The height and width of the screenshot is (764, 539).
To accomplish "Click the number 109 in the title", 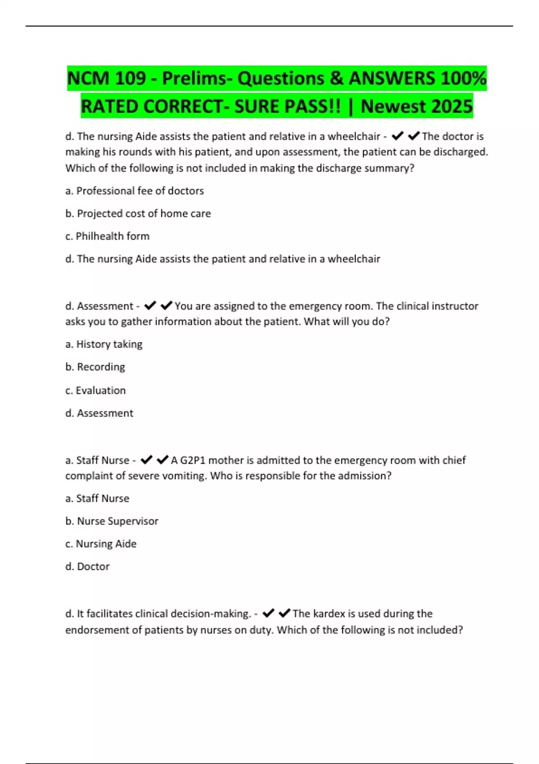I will click(x=130, y=79).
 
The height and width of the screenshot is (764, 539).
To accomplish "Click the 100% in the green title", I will click(x=464, y=79).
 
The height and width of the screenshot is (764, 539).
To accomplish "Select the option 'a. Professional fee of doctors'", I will click(x=135, y=191).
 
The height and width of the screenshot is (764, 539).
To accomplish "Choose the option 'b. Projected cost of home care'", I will click(x=138, y=213).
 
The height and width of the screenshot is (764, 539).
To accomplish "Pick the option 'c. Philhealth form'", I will click(x=107, y=236).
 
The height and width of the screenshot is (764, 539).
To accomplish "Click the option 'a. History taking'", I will click(x=104, y=344).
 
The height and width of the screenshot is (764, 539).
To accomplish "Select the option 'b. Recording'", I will click(x=95, y=367).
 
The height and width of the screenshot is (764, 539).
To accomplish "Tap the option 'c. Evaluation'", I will click(x=95, y=391).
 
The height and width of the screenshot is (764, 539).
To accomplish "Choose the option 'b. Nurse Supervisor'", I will click(x=112, y=521).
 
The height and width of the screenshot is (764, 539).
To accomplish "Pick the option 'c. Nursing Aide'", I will click(x=101, y=544).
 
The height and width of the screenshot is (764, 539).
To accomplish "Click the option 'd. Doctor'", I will click(x=88, y=567).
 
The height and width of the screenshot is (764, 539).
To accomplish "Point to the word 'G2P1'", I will click(x=193, y=460).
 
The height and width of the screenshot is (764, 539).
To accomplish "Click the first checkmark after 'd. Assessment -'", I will click(x=150, y=306).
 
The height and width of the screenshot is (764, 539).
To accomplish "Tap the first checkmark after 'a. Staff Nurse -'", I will click(x=146, y=460).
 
